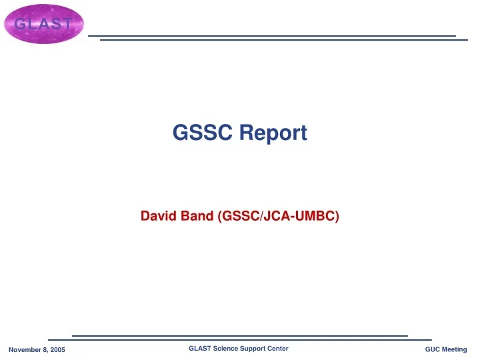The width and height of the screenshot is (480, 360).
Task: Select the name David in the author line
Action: click(x=157, y=216)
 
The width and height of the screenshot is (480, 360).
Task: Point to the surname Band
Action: click(x=196, y=216)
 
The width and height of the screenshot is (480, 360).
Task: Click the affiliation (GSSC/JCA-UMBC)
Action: click(x=279, y=216)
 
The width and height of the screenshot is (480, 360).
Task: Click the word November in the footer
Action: click(x=24, y=350)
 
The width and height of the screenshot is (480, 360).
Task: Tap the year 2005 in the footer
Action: click(x=57, y=350)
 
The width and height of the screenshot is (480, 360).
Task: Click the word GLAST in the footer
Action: click(x=199, y=349)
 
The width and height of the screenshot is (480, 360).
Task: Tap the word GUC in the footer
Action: click(x=433, y=350)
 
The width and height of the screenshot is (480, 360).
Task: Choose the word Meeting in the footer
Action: click(x=455, y=350)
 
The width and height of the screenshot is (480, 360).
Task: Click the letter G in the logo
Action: click(x=21, y=24)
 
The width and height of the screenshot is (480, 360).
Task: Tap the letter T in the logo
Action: click(x=65, y=24)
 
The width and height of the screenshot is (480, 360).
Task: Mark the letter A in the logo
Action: click(x=43, y=24)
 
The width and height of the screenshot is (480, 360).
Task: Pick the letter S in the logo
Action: click(x=54, y=24)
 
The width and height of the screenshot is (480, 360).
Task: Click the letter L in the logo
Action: click(x=32, y=24)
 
